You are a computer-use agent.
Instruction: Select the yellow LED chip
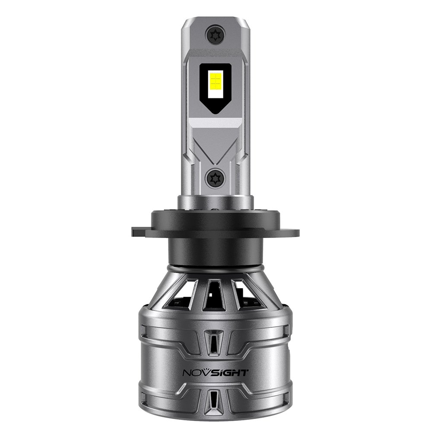(x=216, y=81)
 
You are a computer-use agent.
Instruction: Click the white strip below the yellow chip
(x=216, y=95)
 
